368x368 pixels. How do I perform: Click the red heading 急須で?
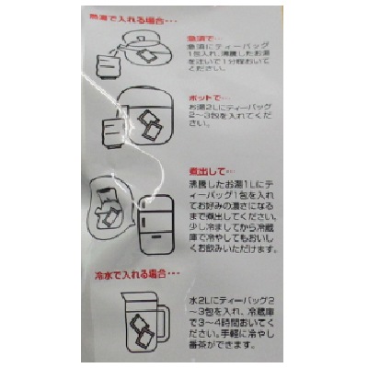(200, 39)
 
